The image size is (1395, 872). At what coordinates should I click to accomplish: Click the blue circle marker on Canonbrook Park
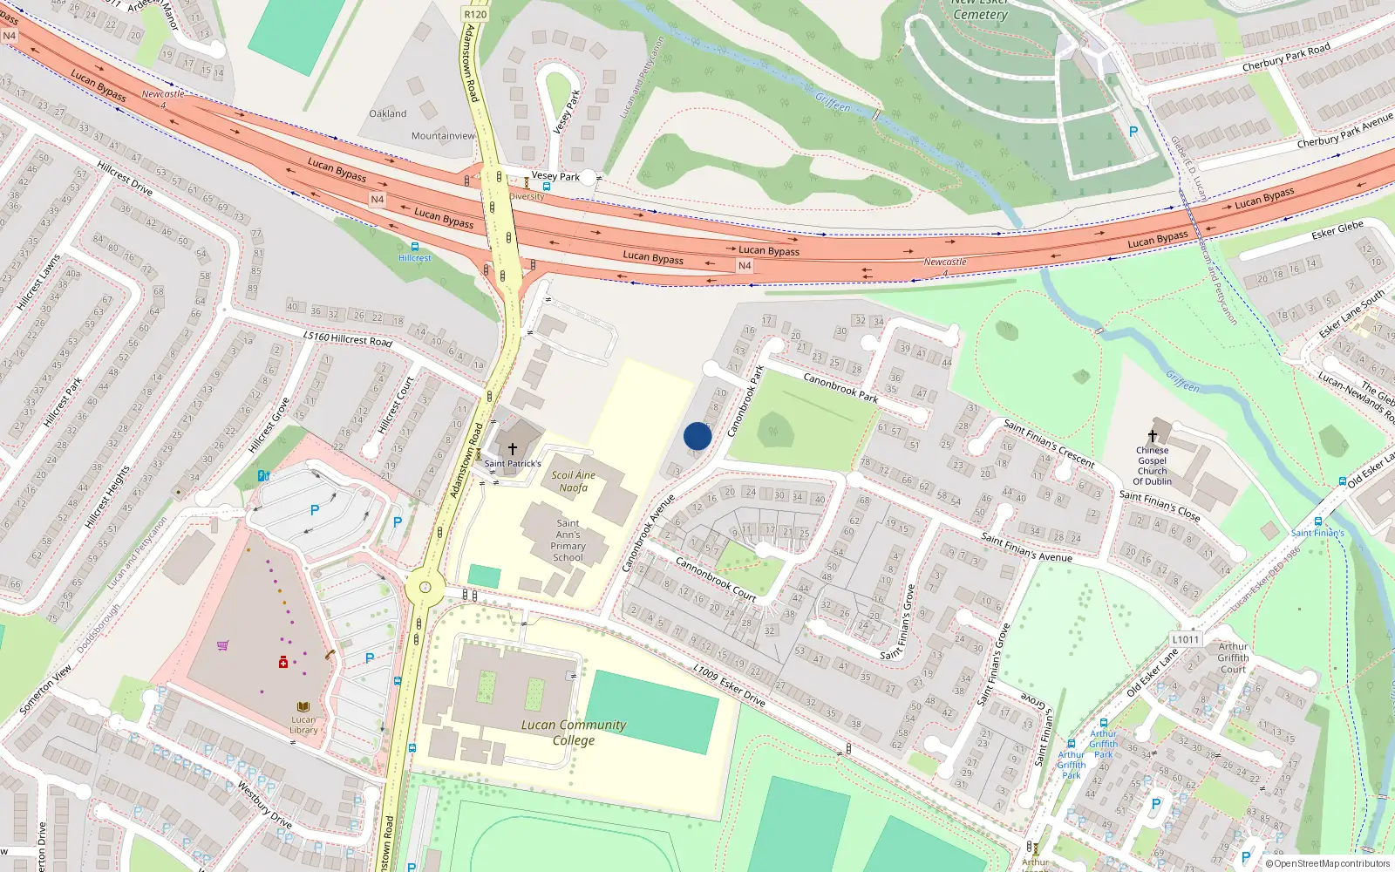pyautogui.click(x=697, y=436)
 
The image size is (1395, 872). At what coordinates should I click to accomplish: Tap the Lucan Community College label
pyautogui.click(x=573, y=732)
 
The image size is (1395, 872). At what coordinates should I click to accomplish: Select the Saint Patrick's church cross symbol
pyautogui.click(x=513, y=449)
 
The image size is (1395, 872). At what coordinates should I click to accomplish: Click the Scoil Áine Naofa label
pyautogui.click(x=574, y=481)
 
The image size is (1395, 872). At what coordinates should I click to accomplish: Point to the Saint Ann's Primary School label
pyautogui.click(x=568, y=541)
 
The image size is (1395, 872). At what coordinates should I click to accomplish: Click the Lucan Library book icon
pyautogui.click(x=303, y=707)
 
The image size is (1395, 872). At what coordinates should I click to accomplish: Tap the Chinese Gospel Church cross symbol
pyautogui.click(x=1153, y=435)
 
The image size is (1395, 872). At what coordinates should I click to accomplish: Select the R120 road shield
pyautogui.click(x=475, y=14)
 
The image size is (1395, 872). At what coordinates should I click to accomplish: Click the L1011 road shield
pyautogui.click(x=1185, y=639)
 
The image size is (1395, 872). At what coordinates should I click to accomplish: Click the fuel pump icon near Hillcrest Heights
pyautogui.click(x=263, y=476)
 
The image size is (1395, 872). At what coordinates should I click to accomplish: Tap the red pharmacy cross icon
pyautogui.click(x=283, y=663)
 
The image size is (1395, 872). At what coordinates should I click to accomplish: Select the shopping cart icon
pyautogui.click(x=222, y=646)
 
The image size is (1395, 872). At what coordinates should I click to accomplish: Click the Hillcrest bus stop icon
pyautogui.click(x=414, y=247)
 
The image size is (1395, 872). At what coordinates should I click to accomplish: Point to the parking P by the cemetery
pyautogui.click(x=1133, y=132)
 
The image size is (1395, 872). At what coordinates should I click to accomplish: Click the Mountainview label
pyautogui.click(x=443, y=136)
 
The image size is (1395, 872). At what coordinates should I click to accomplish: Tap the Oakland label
pyautogui.click(x=388, y=114)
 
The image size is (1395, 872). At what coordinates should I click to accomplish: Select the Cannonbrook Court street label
pyautogui.click(x=716, y=579)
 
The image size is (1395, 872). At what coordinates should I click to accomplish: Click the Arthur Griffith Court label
pyautogui.click(x=1233, y=658)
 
